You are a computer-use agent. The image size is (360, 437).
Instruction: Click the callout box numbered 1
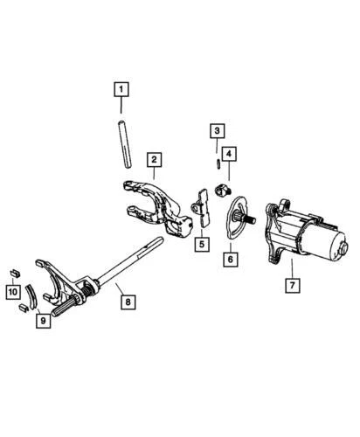coord(121,87)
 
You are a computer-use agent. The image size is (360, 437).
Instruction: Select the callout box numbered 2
coord(153,159)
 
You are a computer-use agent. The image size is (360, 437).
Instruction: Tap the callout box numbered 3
coord(215,132)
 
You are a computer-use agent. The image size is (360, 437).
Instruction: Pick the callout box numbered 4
coord(228,156)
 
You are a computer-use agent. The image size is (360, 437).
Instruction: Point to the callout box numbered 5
coord(202,244)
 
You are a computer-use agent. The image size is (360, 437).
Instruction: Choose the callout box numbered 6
coord(231,259)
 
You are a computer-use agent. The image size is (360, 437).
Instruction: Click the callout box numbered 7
coord(289,284)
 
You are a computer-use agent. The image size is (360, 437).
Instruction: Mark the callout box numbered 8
coord(128,302)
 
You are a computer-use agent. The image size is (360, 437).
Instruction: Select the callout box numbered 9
coord(42,321)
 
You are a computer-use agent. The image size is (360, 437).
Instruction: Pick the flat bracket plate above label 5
coord(205,210)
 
